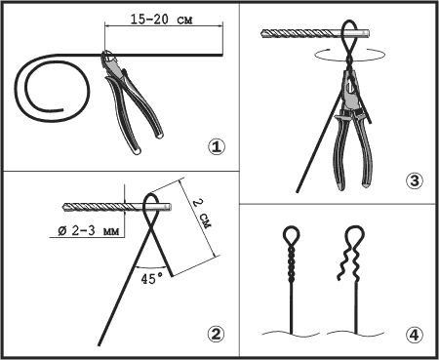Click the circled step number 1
pyautogui.click(x=217, y=147)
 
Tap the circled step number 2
pyautogui.click(x=216, y=334)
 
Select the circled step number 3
pyautogui.click(x=415, y=180)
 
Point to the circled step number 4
pyautogui.click(x=415, y=335)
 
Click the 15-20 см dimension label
pyautogui.click(x=162, y=20)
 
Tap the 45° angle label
pyautogui.click(x=152, y=279)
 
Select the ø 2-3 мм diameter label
pyautogui.click(x=89, y=231)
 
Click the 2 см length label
pyautogui.click(x=202, y=214)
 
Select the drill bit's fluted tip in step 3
pyautogui.click(x=264, y=33)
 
